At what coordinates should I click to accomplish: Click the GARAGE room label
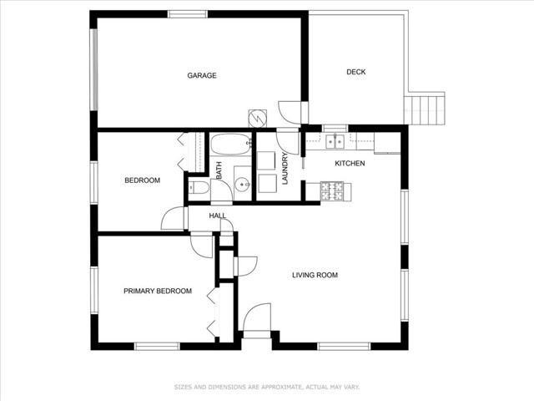pyautogui.click(x=202, y=75)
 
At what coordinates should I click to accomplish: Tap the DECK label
pyautogui.click(x=356, y=72)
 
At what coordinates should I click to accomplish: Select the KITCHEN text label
pyautogui.click(x=350, y=164)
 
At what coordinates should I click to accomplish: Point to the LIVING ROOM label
pyautogui.click(x=315, y=275)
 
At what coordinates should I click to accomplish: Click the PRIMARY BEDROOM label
pyautogui.click(x=158, y=291)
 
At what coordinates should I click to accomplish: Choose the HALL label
pyautogui.click(x=217, y=216)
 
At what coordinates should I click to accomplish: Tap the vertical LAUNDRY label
pyautogui.click(x=285, y=169)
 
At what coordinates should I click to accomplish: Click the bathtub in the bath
pyautogui.click(x=231, y=145)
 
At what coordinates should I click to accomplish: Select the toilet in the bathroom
pyautogui.click(x=199, y=187)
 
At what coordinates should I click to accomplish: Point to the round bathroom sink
pyautogui.click(x=243, y=185)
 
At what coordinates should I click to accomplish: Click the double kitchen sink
pyautogui.click(x=335, y=141)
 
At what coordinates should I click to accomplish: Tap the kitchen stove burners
pyautogui.click(x=332, y=191)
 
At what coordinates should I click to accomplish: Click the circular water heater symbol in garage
pyautogui.click(x=258, y=118)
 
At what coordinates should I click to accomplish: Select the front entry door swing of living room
pyautogui.click(x=257, y=317)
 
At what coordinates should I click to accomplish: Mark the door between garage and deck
pyautogui.click(x=290, y=113)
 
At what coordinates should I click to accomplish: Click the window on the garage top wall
pyautogui.click(x=188, y=14)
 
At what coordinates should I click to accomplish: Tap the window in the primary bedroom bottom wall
pyautogui.click(x=157, y=347)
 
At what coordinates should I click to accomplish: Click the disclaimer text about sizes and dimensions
pyautogui.click(x=267, y=387)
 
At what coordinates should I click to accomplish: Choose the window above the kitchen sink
pyautogui.click(x=335, y=129)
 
